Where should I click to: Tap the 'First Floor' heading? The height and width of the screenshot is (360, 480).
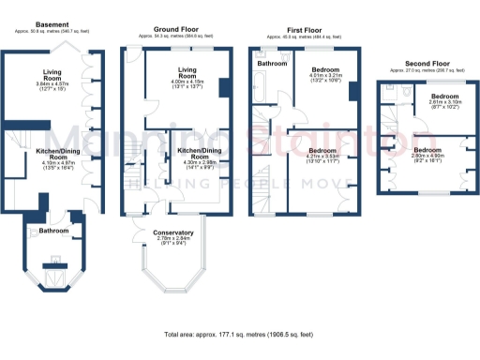(301, 29)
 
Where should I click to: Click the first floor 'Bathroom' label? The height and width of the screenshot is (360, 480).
(274, 63)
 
